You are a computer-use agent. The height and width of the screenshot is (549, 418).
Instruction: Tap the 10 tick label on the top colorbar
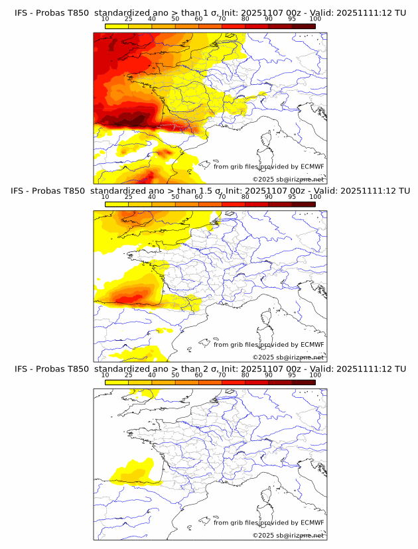[x=105, y=19]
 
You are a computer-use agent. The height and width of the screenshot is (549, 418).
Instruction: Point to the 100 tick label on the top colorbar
[x=315, y=19]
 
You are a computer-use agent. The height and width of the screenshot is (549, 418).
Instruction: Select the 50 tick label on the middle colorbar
[x=175, y=197]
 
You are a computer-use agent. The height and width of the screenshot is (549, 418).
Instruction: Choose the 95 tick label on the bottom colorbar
[x=292, y=375]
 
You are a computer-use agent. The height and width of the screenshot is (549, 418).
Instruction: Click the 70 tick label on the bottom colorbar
[x=222, y=375]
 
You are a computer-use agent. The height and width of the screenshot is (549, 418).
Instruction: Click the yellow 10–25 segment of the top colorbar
[x=117, y=26]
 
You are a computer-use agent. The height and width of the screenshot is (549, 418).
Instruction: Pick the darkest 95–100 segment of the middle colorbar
[x=303, y=204]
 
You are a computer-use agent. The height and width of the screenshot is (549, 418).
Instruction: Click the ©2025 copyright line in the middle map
[x=288, y=357]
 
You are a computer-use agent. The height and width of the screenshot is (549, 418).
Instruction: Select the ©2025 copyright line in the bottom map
[x=288, y=535]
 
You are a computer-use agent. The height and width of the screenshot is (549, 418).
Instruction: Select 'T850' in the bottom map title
[x=77, y=369]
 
